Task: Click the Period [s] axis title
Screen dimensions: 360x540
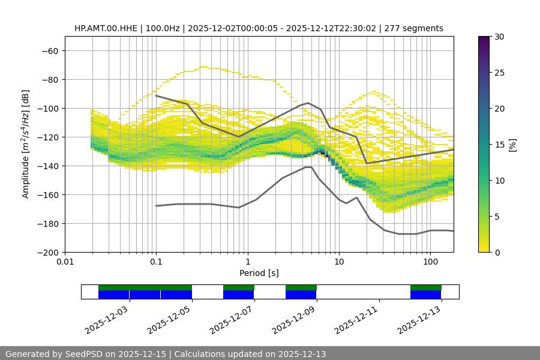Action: (x=259, y=273)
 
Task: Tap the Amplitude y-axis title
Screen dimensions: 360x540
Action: (x=25, y=144)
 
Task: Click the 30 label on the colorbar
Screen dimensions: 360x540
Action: (x=499, y=37)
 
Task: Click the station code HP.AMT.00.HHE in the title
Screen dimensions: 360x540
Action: (x=109, y=28)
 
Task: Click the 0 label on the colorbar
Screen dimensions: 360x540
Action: (x=497, y=253)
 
